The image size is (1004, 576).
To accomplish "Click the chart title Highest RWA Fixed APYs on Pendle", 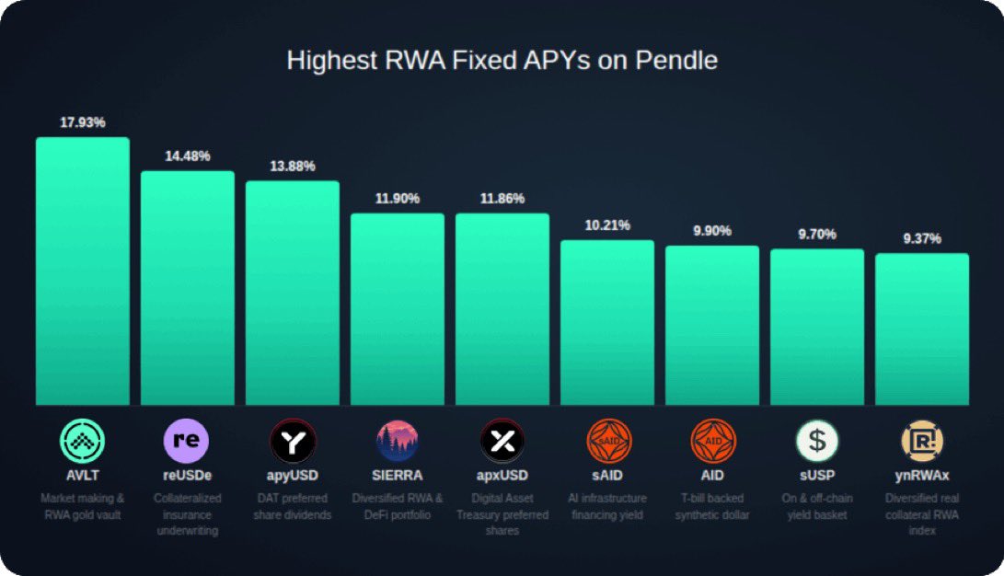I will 502,61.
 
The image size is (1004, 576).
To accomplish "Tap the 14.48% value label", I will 188,156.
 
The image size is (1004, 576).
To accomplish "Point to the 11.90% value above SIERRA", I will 398,199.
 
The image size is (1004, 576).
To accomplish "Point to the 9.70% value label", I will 817,235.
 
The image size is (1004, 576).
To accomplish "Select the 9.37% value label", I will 922,239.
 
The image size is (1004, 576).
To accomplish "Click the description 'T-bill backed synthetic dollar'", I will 713,506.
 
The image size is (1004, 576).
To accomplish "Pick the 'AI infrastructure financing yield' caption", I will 608,506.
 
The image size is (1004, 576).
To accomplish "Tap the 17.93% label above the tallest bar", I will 83,122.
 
